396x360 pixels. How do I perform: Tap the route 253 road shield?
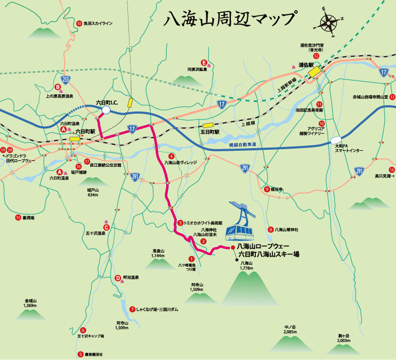click(65, 80)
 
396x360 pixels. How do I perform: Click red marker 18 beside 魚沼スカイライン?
click(79, 23)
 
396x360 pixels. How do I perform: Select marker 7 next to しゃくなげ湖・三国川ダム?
click(132, 309)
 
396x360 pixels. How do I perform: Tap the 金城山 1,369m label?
click(29, 303)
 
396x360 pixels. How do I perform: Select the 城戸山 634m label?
click(93, 192)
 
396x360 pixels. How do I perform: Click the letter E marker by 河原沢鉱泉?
click(203, 62)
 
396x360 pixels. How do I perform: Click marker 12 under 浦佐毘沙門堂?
click(316, 56)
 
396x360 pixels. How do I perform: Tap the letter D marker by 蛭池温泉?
click(118, 278)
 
